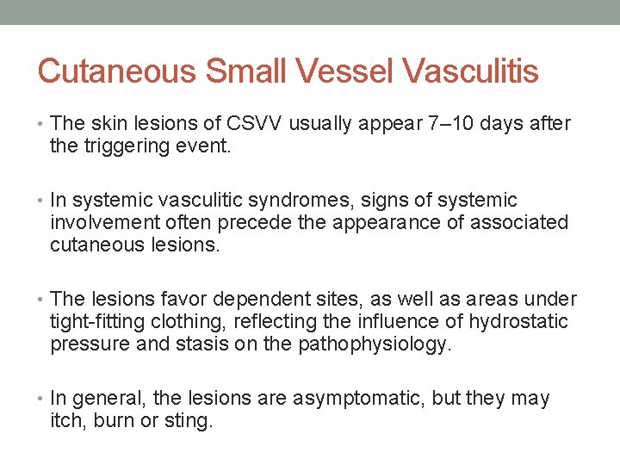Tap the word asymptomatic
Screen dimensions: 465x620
point(356,399)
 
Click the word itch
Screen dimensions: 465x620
point(66,421)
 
